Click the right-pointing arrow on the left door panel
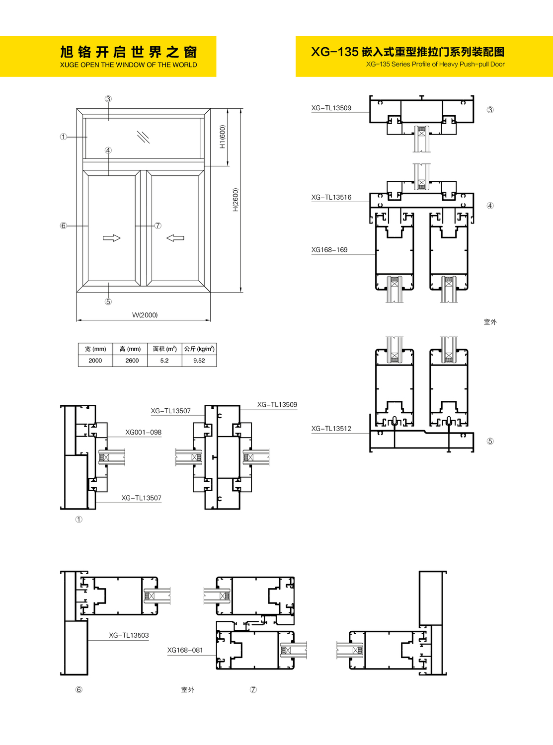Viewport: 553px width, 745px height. click(x=112, y=238)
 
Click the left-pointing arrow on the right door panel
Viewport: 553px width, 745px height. click(x=175, y=238)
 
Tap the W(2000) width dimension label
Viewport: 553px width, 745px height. click(x=145, y=315)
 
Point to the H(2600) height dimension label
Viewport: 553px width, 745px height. click(x=236, y=200)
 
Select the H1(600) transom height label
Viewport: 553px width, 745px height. click(x=223, y=137)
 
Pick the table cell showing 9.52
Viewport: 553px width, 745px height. click(x=199, y=361)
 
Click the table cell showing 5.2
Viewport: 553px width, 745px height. click(x=164, y=361)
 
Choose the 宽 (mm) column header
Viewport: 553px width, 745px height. click(x=95, y=349)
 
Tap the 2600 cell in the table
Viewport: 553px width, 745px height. click(x=132, y=361)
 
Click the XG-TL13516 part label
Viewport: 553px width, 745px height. click(x=331, y=198)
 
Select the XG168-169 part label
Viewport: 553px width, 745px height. click(x=329, y=250)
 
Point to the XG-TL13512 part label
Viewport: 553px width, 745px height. click(x=331, y=429)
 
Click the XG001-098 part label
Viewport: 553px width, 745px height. click(x=143, y=432)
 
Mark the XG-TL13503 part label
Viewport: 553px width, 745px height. click(x=129, y=635)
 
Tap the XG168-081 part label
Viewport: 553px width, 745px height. click(x=185, y=650)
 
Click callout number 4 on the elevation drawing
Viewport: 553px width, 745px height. click(x=108, y=150)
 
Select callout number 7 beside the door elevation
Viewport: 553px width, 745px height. click(x=158, y=225)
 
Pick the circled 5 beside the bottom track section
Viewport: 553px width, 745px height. click(x=490, y=441)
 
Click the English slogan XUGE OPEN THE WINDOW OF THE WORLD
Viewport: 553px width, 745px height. click(x=128, y=65)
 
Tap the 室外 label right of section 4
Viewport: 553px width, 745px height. click(x=490, y=322)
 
